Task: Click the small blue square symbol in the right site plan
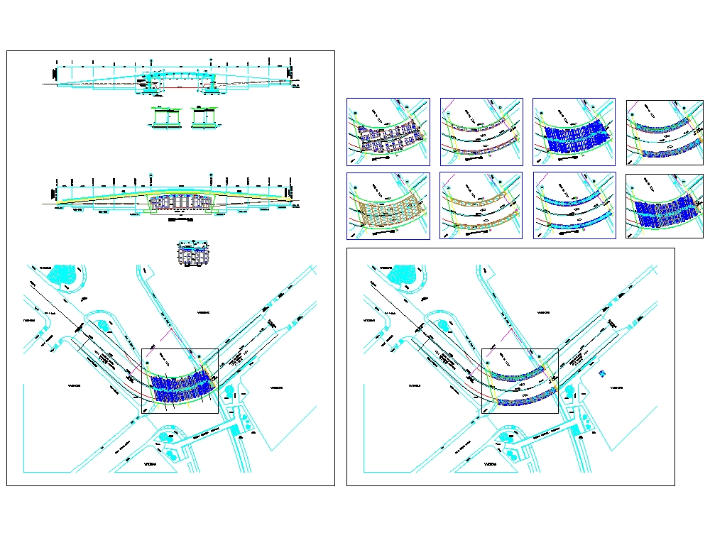(602, 373)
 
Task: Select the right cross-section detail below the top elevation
(205, 118)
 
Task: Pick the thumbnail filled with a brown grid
(388, 206)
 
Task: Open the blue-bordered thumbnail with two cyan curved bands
(574, 206)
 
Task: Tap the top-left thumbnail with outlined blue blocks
(388, 132)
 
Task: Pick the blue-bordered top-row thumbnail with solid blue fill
(574, 132)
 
